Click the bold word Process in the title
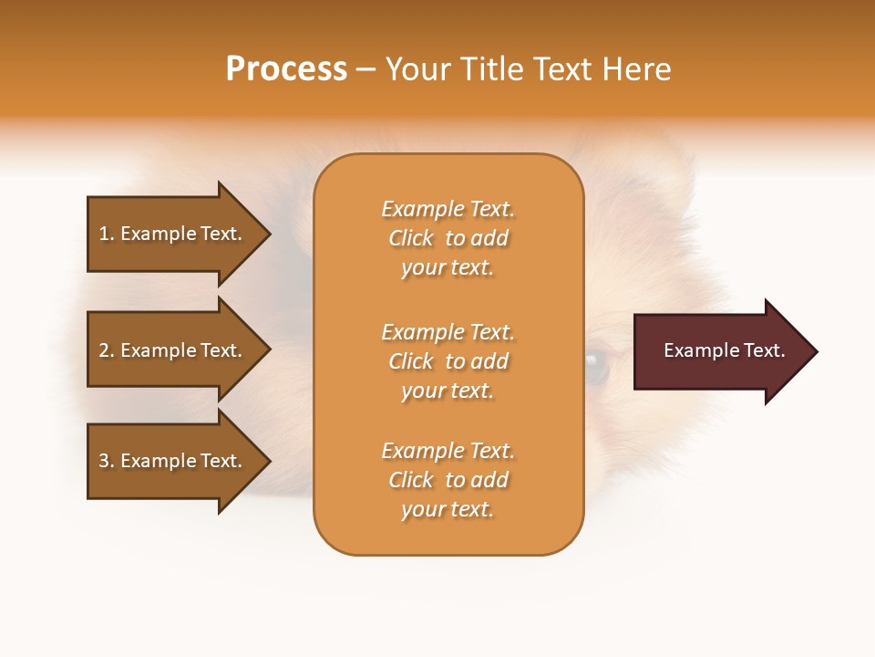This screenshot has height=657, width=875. (286, 69)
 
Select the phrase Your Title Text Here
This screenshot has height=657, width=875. (528, 69)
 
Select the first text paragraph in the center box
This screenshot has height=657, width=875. (448, 238)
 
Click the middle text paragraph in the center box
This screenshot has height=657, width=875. (448, 361)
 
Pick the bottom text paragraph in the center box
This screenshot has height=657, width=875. (448, 480)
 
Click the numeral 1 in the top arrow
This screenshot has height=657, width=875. (103, 234)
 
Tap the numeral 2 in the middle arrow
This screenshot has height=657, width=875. (104, 350)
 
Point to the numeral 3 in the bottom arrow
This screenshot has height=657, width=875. (104, 461)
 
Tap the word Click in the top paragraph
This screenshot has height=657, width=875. (411, 238)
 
